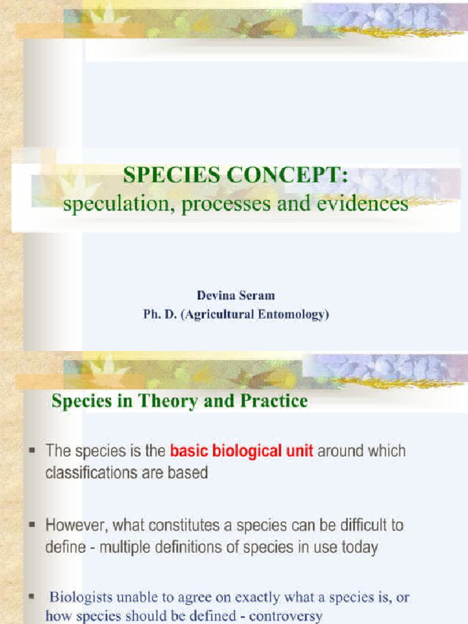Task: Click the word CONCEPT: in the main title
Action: pos(286,177)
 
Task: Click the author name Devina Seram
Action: pos(235,296)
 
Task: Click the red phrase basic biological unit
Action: pos(241,452)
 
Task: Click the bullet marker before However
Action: pos(32,526)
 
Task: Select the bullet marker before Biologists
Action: pos(32,597)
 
